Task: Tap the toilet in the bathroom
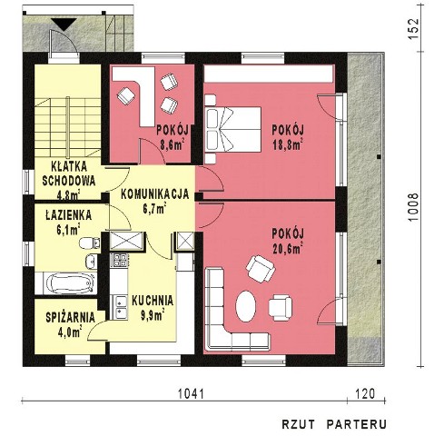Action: click(x=89, y=243)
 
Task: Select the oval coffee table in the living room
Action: click(x=246, y=306)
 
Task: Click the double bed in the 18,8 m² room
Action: click(x=233, y=129)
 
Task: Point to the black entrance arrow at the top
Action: click(x=64, y=24)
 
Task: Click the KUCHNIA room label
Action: click(x=153, y=301)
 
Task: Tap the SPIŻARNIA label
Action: click(x=71, y=318)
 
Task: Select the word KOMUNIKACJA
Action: click(x=155, y=194)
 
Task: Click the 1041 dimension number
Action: click(x=191, y=394)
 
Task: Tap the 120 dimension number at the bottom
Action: click(x=365, y=394)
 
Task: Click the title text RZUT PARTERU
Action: click(x=334, y=424)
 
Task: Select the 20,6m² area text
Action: click(x=288, y=249)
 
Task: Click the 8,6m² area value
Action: click(x=172, y=145)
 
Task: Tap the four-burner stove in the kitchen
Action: click(x=120, y=261)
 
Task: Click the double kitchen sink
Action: click(x=120, y=307)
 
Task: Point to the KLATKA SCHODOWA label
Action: click(x=69, y=173)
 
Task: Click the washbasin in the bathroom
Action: click(x=92, y=262)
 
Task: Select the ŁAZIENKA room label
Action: click(x=69, y=215)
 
